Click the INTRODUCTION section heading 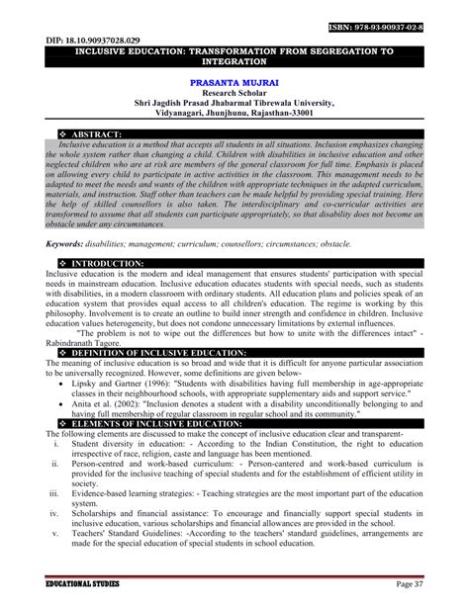coord(103,263)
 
